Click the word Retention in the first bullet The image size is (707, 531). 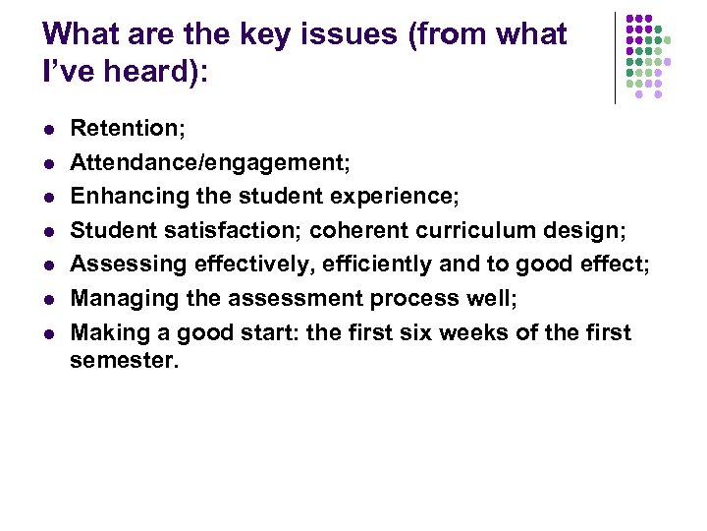(119, 128)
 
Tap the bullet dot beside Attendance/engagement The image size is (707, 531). (46, 162)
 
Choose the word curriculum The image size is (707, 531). (471, 231)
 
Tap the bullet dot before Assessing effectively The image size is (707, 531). (46, 265)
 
